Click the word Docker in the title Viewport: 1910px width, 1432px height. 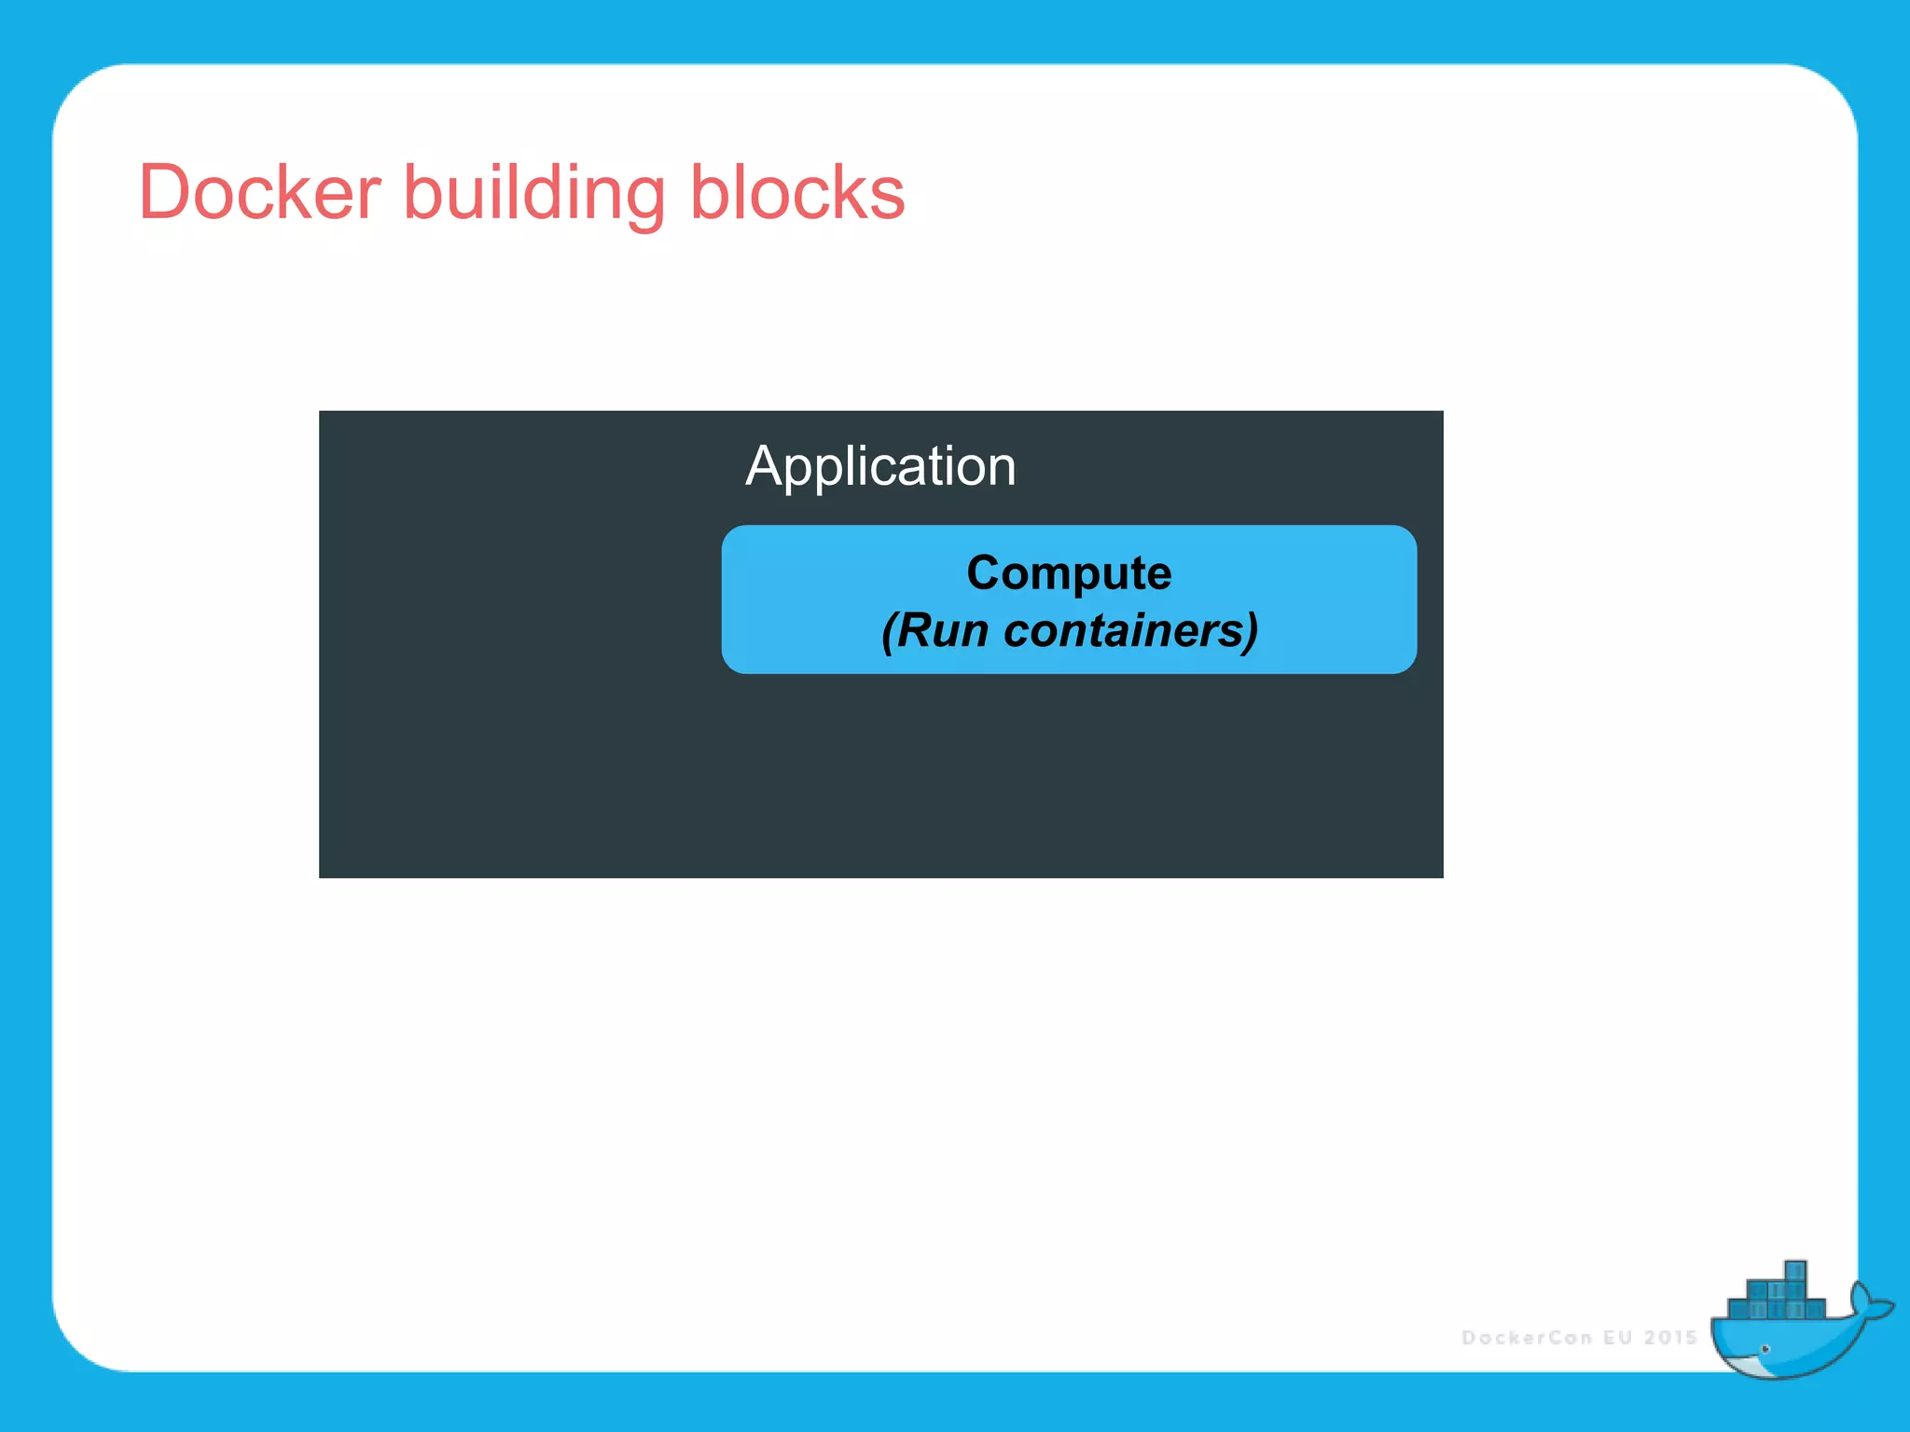(259, 192)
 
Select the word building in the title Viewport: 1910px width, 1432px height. (533, 192)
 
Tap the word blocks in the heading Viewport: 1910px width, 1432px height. (797, 192)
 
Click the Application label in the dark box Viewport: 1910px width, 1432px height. (880, 466)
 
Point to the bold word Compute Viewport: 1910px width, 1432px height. (1069, 571)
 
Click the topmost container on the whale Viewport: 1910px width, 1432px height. (1795, 1271)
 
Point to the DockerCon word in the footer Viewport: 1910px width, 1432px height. (1528, 1338)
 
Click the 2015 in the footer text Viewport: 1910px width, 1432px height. (1671, 1338)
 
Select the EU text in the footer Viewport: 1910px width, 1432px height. (1618, 1338)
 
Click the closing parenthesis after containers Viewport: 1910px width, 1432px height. (1251, 632)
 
